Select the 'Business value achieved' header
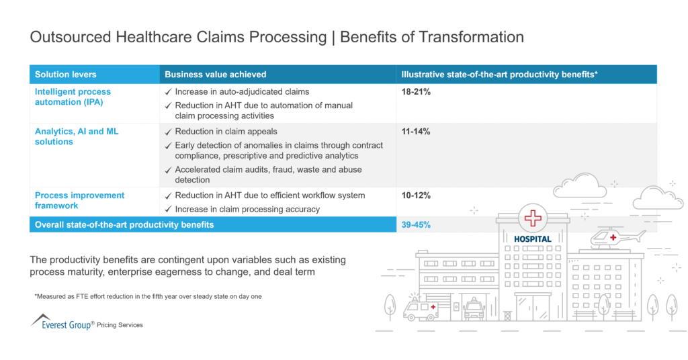click(x=216, y=75)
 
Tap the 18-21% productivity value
click(x=416, y=92)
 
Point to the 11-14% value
click(x=416, y=132)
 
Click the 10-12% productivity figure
click(x=416, y=195)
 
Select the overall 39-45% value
click(x=416, y=225)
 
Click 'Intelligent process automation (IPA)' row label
click(x=73, y=97)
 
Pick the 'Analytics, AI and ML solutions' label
click(x=77, y=136)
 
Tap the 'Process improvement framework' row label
click(x=79, y=200)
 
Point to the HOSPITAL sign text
click(x=532, y=238)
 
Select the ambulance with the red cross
click(x=420, y=308)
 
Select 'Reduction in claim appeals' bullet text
click(x=226, y=132)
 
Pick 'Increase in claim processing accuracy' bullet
click(x=247, y=210)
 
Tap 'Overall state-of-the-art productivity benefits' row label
click(x=124, y=225)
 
